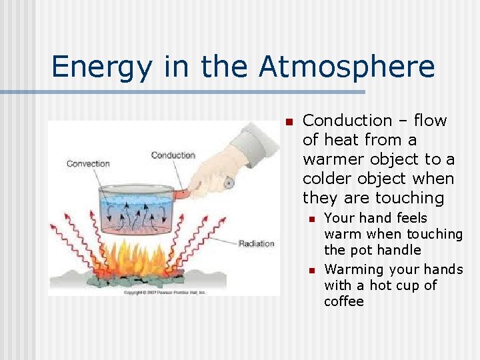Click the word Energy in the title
click(96, 67)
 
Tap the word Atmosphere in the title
click(347, 67)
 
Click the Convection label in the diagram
click(88, 163)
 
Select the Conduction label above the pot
click(173, 155)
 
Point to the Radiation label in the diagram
click(256, 243)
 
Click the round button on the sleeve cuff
click(229, 181)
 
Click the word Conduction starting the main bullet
click(347, 121)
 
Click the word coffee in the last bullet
click(344, 301)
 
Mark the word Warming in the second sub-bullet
click(353, 269)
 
